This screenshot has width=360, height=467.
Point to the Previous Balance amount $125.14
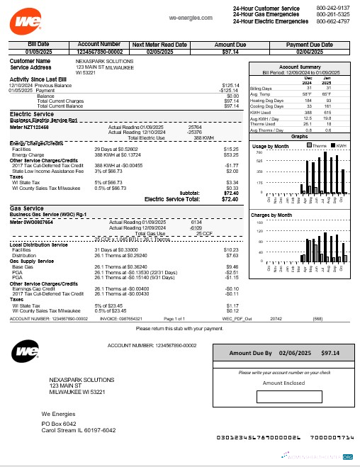pyautogui.click(x=230, y=85)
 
